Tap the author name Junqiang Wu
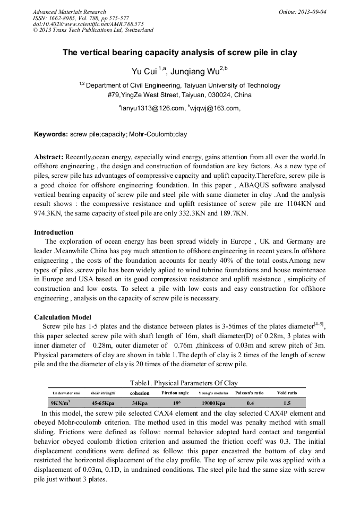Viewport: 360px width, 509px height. [x=202, y=71]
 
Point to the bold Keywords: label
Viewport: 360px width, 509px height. [x=50, y=135]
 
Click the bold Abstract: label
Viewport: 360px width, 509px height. [x=49, y=157]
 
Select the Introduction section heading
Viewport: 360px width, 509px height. [x=54, y=232]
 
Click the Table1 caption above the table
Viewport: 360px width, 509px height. [x=184, y=383]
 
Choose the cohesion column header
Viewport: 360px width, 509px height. [x=140, y=393]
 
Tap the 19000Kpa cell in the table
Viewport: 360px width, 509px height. [x=213, y=403]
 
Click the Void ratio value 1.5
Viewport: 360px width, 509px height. [x=287, y=403]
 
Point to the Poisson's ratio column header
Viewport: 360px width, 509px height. [x=250, y=393]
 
